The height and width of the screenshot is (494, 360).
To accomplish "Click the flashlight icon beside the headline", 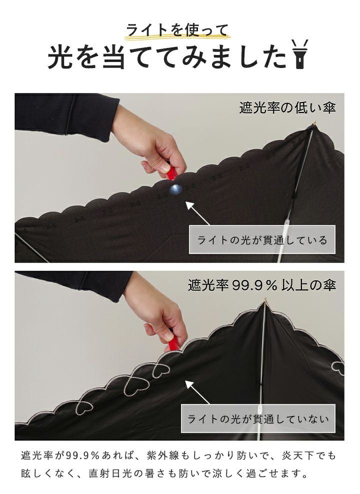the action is (299, 54).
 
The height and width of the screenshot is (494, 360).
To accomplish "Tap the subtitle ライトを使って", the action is (176, 30).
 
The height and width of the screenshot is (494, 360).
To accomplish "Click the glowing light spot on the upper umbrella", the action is (175, 188).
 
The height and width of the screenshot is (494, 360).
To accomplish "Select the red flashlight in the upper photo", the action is (171, 172).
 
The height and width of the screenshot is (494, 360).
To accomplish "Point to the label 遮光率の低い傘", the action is (287, 108).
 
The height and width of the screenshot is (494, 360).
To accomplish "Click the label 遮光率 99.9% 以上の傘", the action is (261, 285).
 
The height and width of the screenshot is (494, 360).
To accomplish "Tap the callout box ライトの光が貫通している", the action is (261, 239).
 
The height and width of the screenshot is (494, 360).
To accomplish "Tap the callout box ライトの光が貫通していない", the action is (258, 418).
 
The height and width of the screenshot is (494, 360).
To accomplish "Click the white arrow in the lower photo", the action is (197, 392).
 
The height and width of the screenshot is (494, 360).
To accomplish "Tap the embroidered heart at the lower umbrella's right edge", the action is (338, 368).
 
